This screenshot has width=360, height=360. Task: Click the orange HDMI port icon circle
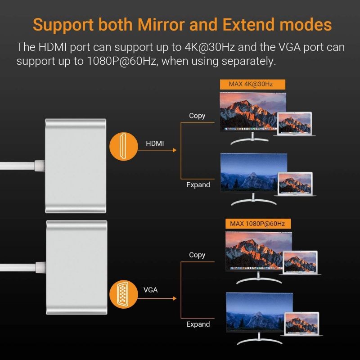pos(123,147)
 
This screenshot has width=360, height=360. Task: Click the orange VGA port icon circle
pos(123,294)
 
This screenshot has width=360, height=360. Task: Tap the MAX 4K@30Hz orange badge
pos(252,84)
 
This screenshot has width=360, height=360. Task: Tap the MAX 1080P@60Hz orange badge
pos(258,224)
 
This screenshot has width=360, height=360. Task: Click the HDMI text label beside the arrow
pos(155,144)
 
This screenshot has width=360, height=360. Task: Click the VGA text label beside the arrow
pos(151,290)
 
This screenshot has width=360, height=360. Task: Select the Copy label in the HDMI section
pos(197,116)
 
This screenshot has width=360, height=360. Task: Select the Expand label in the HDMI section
pos(198,185)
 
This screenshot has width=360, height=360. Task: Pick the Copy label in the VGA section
pos(197,255)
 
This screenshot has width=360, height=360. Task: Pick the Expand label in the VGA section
pos(198,324)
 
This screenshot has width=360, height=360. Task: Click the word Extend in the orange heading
pos(248,25)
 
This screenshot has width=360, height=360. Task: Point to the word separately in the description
pos(248,62)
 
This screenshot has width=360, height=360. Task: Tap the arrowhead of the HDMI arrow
pos(175,150)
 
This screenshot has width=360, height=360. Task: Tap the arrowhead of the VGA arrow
pos(175,298)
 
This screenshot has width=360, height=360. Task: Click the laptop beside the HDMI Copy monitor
pos(295,124)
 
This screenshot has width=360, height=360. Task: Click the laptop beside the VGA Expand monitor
pos(301,324)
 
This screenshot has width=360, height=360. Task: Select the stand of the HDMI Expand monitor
pos(253,200)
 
